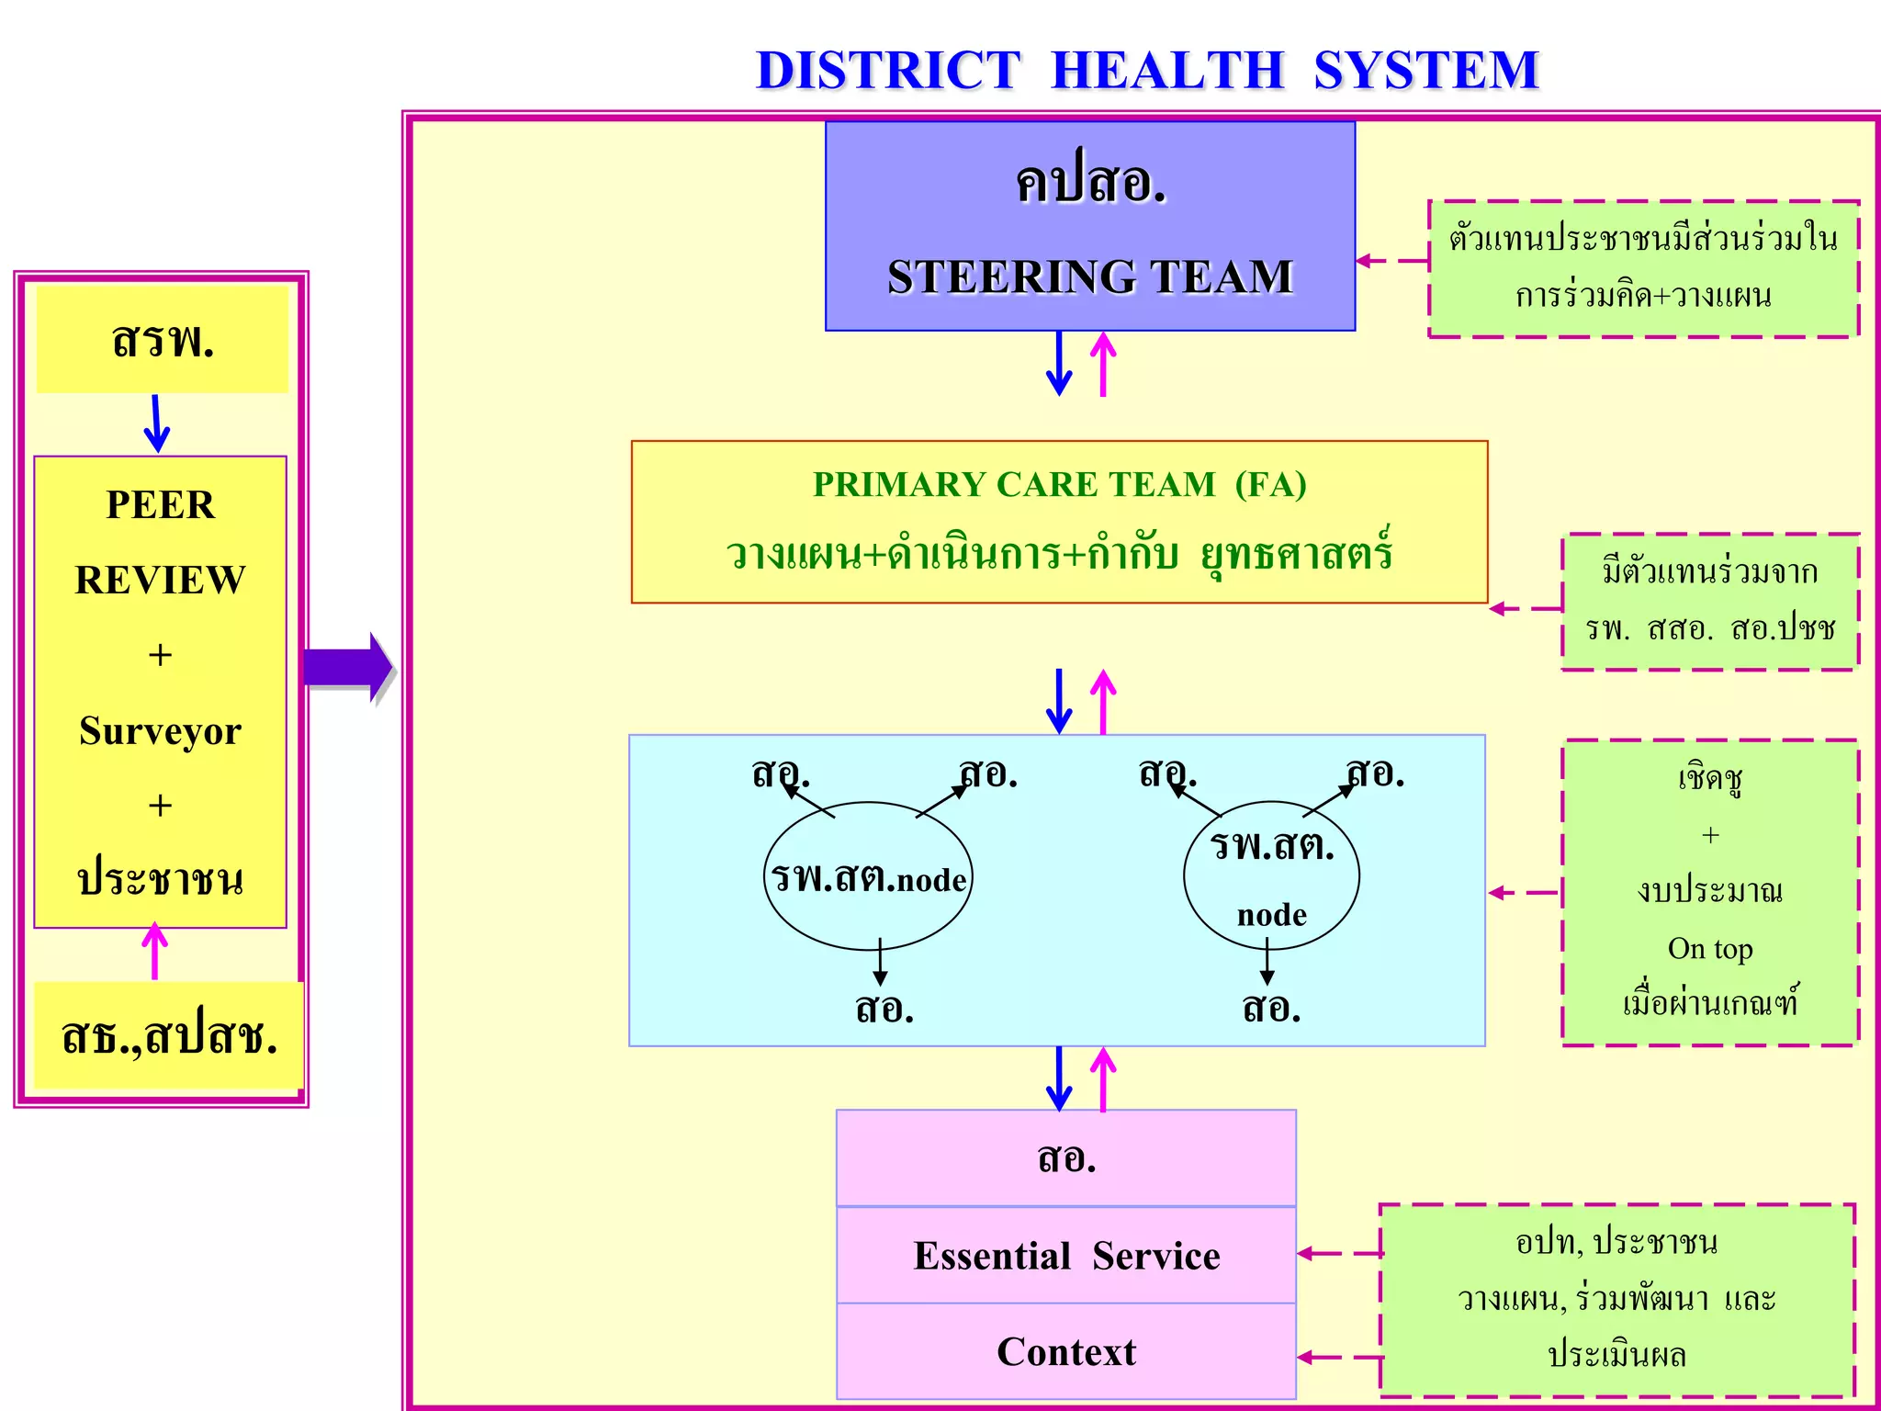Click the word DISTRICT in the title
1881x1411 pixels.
(887, 71)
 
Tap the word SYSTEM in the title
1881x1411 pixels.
(1425, 71)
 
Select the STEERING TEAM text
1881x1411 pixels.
(1090, 277)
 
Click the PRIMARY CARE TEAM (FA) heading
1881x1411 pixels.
(1059, 484)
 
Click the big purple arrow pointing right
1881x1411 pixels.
(347, 668)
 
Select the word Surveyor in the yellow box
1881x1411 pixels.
(160, 731)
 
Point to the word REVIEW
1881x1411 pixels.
(160, 581)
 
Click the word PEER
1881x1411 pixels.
(160, 505)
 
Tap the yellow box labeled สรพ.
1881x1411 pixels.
(162, 340)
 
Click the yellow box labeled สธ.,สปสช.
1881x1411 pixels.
(168, 1036)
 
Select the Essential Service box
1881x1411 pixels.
(1065, 1256)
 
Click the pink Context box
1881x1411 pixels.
(1065, 1352)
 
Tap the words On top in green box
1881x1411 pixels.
(1709, 948)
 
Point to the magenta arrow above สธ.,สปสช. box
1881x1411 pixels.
(154, 952)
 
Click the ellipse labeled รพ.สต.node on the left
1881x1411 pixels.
(867, 877)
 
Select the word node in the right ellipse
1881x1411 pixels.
(1271, 915)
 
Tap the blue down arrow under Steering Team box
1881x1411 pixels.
(1059, 364)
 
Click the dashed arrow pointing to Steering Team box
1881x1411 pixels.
(1391, 261)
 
